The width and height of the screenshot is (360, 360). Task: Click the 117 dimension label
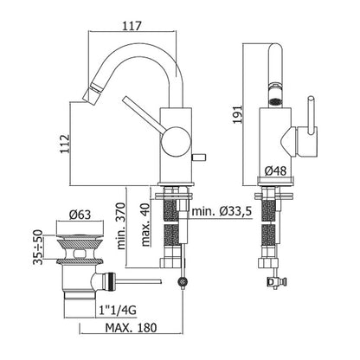pos(132,26)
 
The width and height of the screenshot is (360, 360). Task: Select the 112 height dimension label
pos(65,144)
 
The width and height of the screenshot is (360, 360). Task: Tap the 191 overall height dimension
pos(238,114)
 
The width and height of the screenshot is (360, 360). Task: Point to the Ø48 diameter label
pos(275,171)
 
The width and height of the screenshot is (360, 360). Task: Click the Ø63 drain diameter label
pos(80,215)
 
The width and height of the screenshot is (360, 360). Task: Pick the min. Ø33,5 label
pos(222,211)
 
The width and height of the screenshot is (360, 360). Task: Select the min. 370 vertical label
pos(121,226)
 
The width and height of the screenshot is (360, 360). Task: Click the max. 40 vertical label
pos(146,225)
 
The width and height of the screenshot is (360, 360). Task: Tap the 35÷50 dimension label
pos(38,247)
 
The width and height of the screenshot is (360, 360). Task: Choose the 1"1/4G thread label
pos(118,311)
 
